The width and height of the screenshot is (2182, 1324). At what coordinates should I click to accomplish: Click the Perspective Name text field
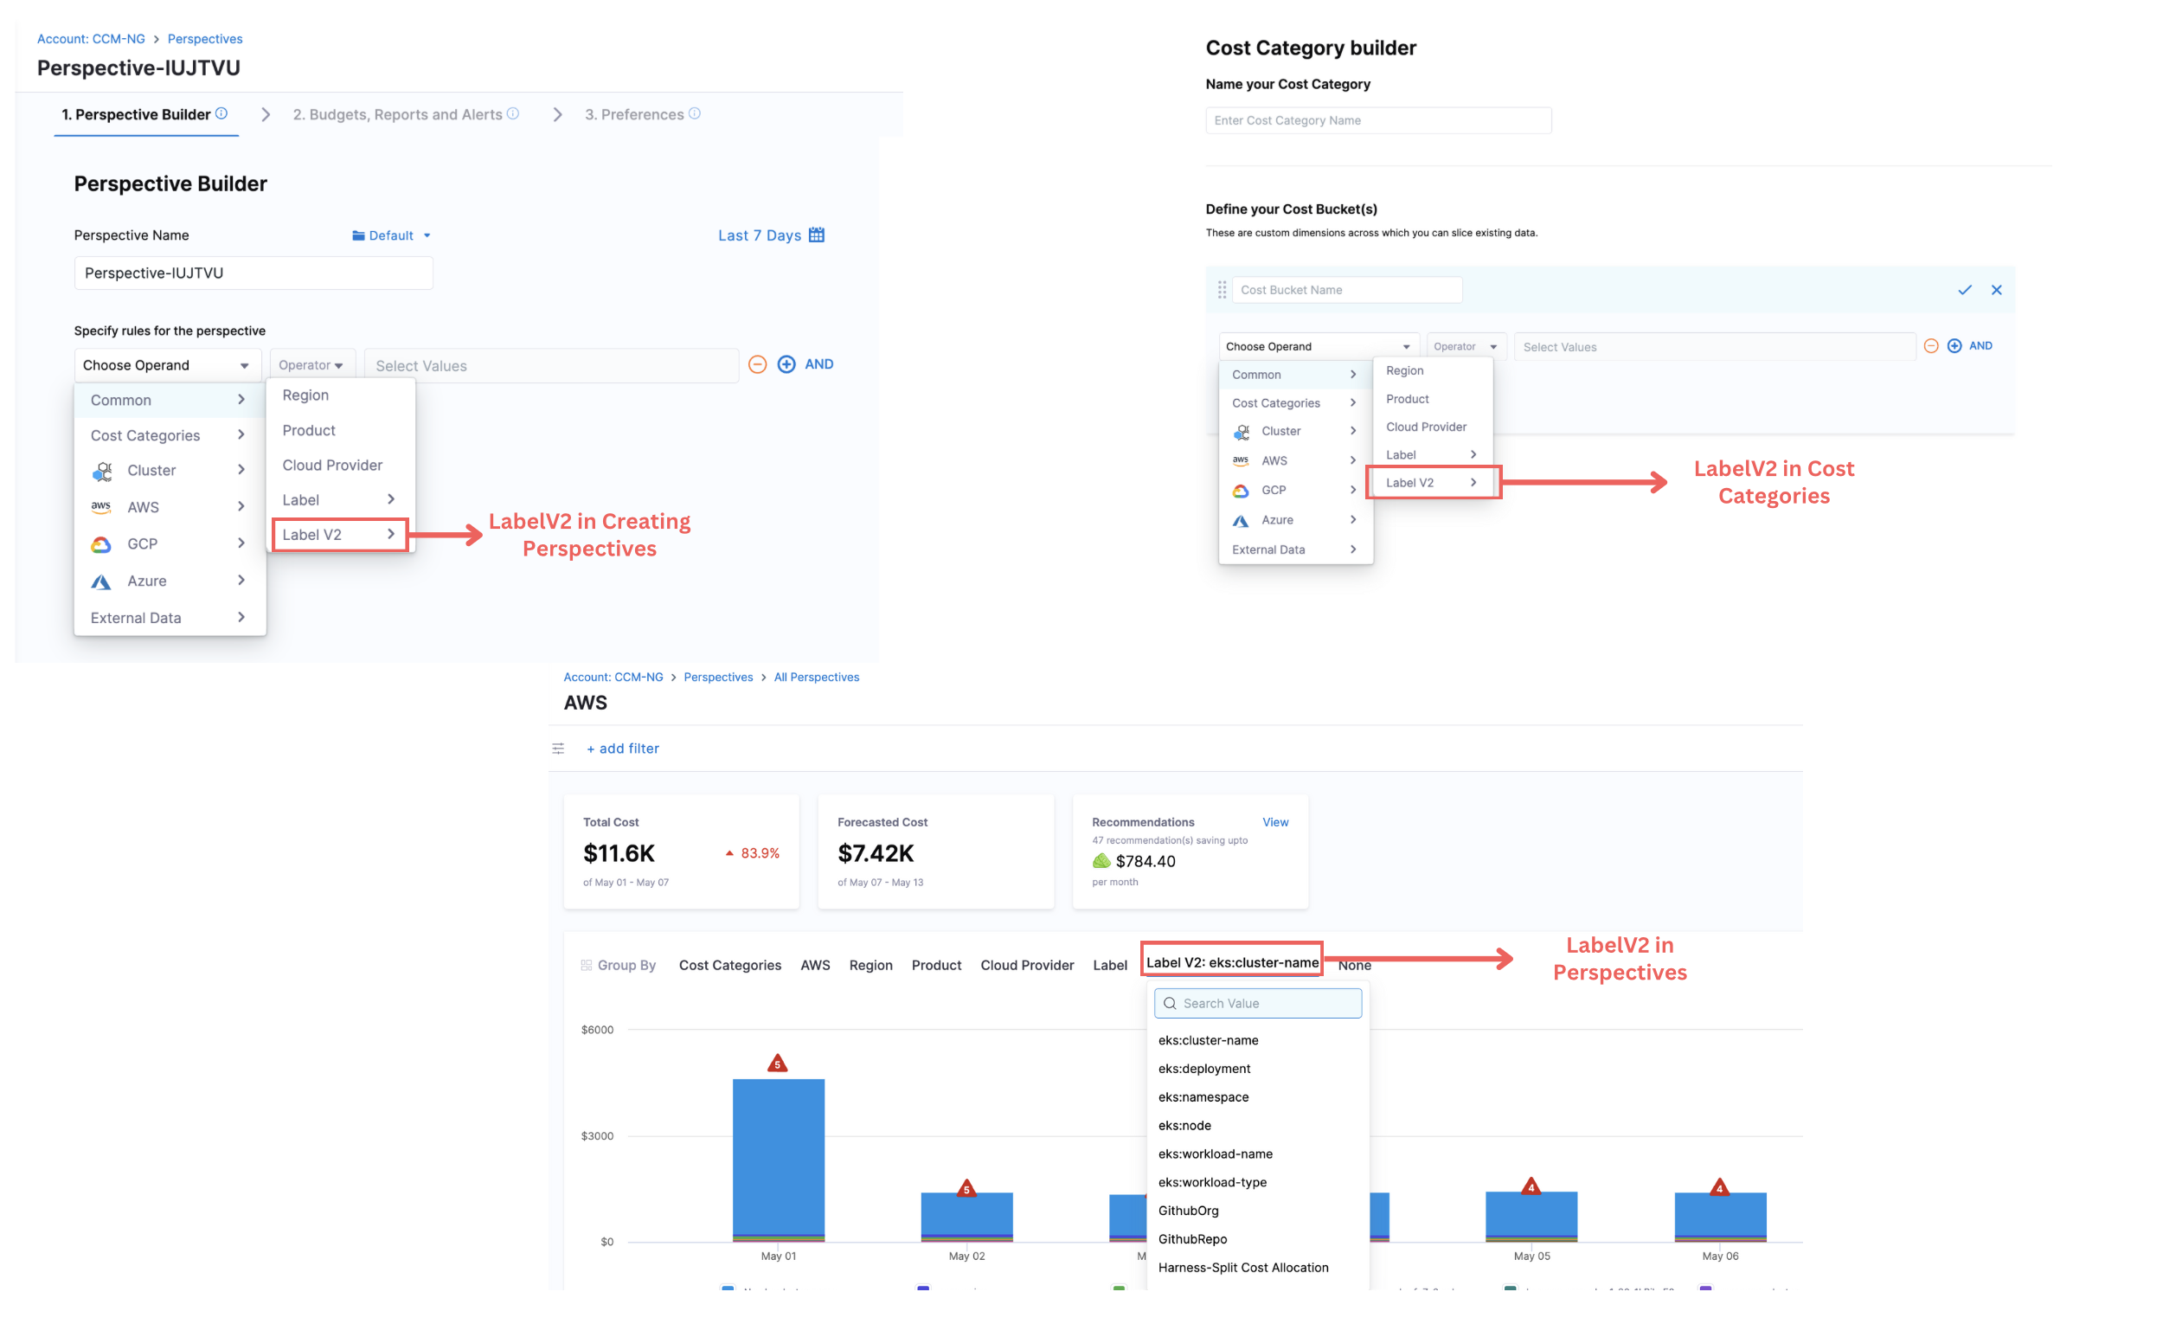(x=253, y=273)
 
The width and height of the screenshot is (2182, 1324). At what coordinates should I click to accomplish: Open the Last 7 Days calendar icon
(x=817, y=235)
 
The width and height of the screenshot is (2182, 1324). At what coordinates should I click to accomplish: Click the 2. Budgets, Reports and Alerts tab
(x=398, y=115)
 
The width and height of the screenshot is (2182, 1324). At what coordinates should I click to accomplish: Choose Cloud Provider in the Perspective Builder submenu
(x=332, y=466)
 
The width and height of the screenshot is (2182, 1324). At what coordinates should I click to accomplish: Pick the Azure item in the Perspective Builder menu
(x=147, y=582)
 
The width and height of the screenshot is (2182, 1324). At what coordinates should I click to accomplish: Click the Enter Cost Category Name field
(x=1378, y=121)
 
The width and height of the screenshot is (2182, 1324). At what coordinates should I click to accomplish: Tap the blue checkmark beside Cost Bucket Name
(x=1964, y=291)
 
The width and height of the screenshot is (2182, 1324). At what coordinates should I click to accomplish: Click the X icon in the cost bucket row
(x=1996, y=291)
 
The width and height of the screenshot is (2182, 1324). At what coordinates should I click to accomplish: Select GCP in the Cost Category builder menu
(x=1274, y=491)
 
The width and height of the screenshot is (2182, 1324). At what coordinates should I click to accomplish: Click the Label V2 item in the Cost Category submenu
(x=1409, y=484)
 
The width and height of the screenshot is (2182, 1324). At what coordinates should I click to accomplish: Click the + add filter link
(x=623, y=749)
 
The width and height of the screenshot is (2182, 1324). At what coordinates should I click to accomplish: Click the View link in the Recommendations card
(x=1275, y=823)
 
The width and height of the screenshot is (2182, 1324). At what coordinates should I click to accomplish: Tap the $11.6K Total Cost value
(x=619, y=854)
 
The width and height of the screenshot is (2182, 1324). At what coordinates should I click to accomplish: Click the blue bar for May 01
(x=779, y=1156)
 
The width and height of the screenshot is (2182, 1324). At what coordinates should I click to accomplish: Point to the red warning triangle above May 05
(x=1531, y=1187)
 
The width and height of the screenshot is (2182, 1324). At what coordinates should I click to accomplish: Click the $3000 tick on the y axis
(x=597, y=1136)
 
